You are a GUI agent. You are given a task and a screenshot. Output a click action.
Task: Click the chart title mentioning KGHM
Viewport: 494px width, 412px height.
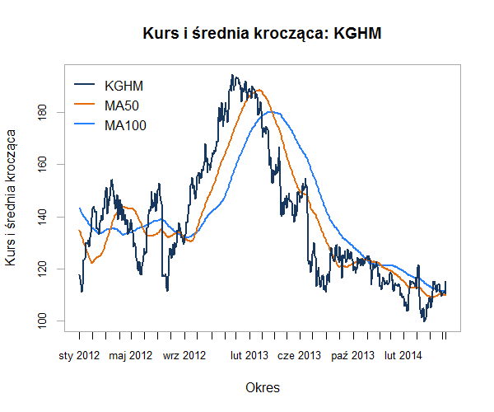tap(263, 34)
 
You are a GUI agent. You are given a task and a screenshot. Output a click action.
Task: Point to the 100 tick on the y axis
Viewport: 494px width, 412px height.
tap(42, 321)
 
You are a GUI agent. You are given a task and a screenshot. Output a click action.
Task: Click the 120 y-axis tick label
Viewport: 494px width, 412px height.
tap(42, 269)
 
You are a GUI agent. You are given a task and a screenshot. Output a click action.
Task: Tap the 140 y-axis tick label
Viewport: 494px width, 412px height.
tap(42, 217)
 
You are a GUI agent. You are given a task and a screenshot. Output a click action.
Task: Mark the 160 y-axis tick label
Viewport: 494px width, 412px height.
tap(42, 164)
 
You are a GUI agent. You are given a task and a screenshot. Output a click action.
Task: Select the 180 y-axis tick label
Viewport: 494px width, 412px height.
tap(42, 112)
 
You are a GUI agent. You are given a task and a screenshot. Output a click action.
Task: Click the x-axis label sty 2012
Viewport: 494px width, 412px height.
tap(79, 356)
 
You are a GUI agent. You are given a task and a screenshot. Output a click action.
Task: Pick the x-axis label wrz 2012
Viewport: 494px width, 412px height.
tap(184, 356)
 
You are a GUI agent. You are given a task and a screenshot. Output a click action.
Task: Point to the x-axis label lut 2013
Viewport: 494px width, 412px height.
tap(249, 356)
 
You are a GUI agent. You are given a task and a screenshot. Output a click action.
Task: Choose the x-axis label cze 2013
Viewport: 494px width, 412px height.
tap(300, 356)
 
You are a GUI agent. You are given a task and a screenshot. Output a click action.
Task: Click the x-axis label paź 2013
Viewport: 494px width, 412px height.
tap(352, 356)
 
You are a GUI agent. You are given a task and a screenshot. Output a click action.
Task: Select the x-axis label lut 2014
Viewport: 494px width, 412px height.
tap(403, 356)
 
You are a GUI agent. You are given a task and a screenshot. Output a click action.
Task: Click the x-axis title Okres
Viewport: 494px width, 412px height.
tap(263, 386)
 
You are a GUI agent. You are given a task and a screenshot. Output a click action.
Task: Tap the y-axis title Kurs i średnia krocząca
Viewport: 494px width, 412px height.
tap(12, 198)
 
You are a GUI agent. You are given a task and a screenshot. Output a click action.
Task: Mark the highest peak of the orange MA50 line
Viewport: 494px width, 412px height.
tap(259, 90)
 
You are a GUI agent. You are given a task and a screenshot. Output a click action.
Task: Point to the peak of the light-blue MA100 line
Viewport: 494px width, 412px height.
tap(274, 112)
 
